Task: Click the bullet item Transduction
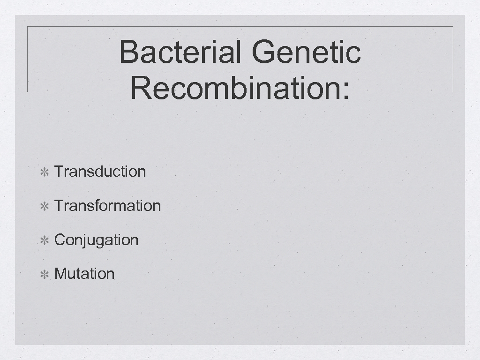100,172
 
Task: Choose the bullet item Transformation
107,206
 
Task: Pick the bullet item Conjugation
96,240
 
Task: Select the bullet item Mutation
84,274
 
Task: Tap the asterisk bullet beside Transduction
45,172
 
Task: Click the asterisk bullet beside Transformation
45,207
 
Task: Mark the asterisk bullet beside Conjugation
45,241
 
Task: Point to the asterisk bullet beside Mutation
45,275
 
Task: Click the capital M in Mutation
60,274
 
